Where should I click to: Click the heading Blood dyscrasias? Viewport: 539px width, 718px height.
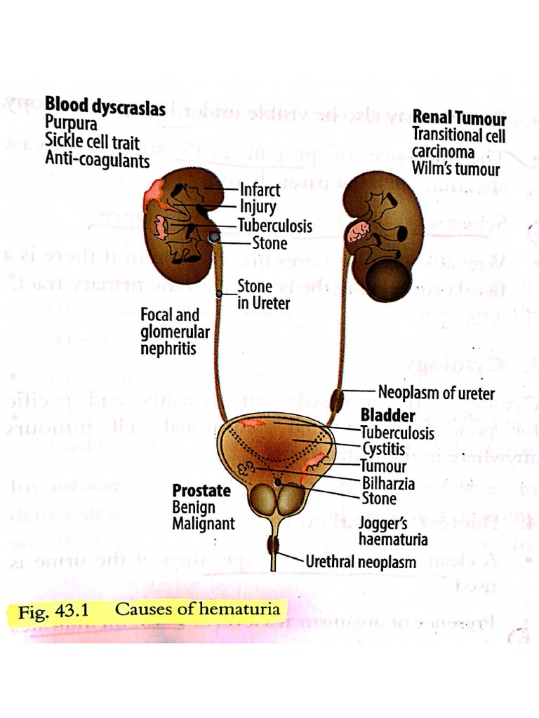pyautogui.click(x=105, y=109)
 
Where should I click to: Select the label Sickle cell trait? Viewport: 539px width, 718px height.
pyautogui.click(x=93, y=142)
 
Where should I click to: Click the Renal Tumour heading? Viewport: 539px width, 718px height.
pyautogui.click(x=460, y=117)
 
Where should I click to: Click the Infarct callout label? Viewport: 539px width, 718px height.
pyautogui.click(x=260, y=190)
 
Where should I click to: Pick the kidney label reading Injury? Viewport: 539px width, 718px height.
pyautogui.click(x=258, y=208)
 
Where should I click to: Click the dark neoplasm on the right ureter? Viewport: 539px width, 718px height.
pyautogui.click(x=339, y=400)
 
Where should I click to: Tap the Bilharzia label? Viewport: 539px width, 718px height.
pyautogui.click(x=387, y=483)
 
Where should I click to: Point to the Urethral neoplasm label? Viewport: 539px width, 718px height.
pyautogui.click(x=361, y=562)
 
